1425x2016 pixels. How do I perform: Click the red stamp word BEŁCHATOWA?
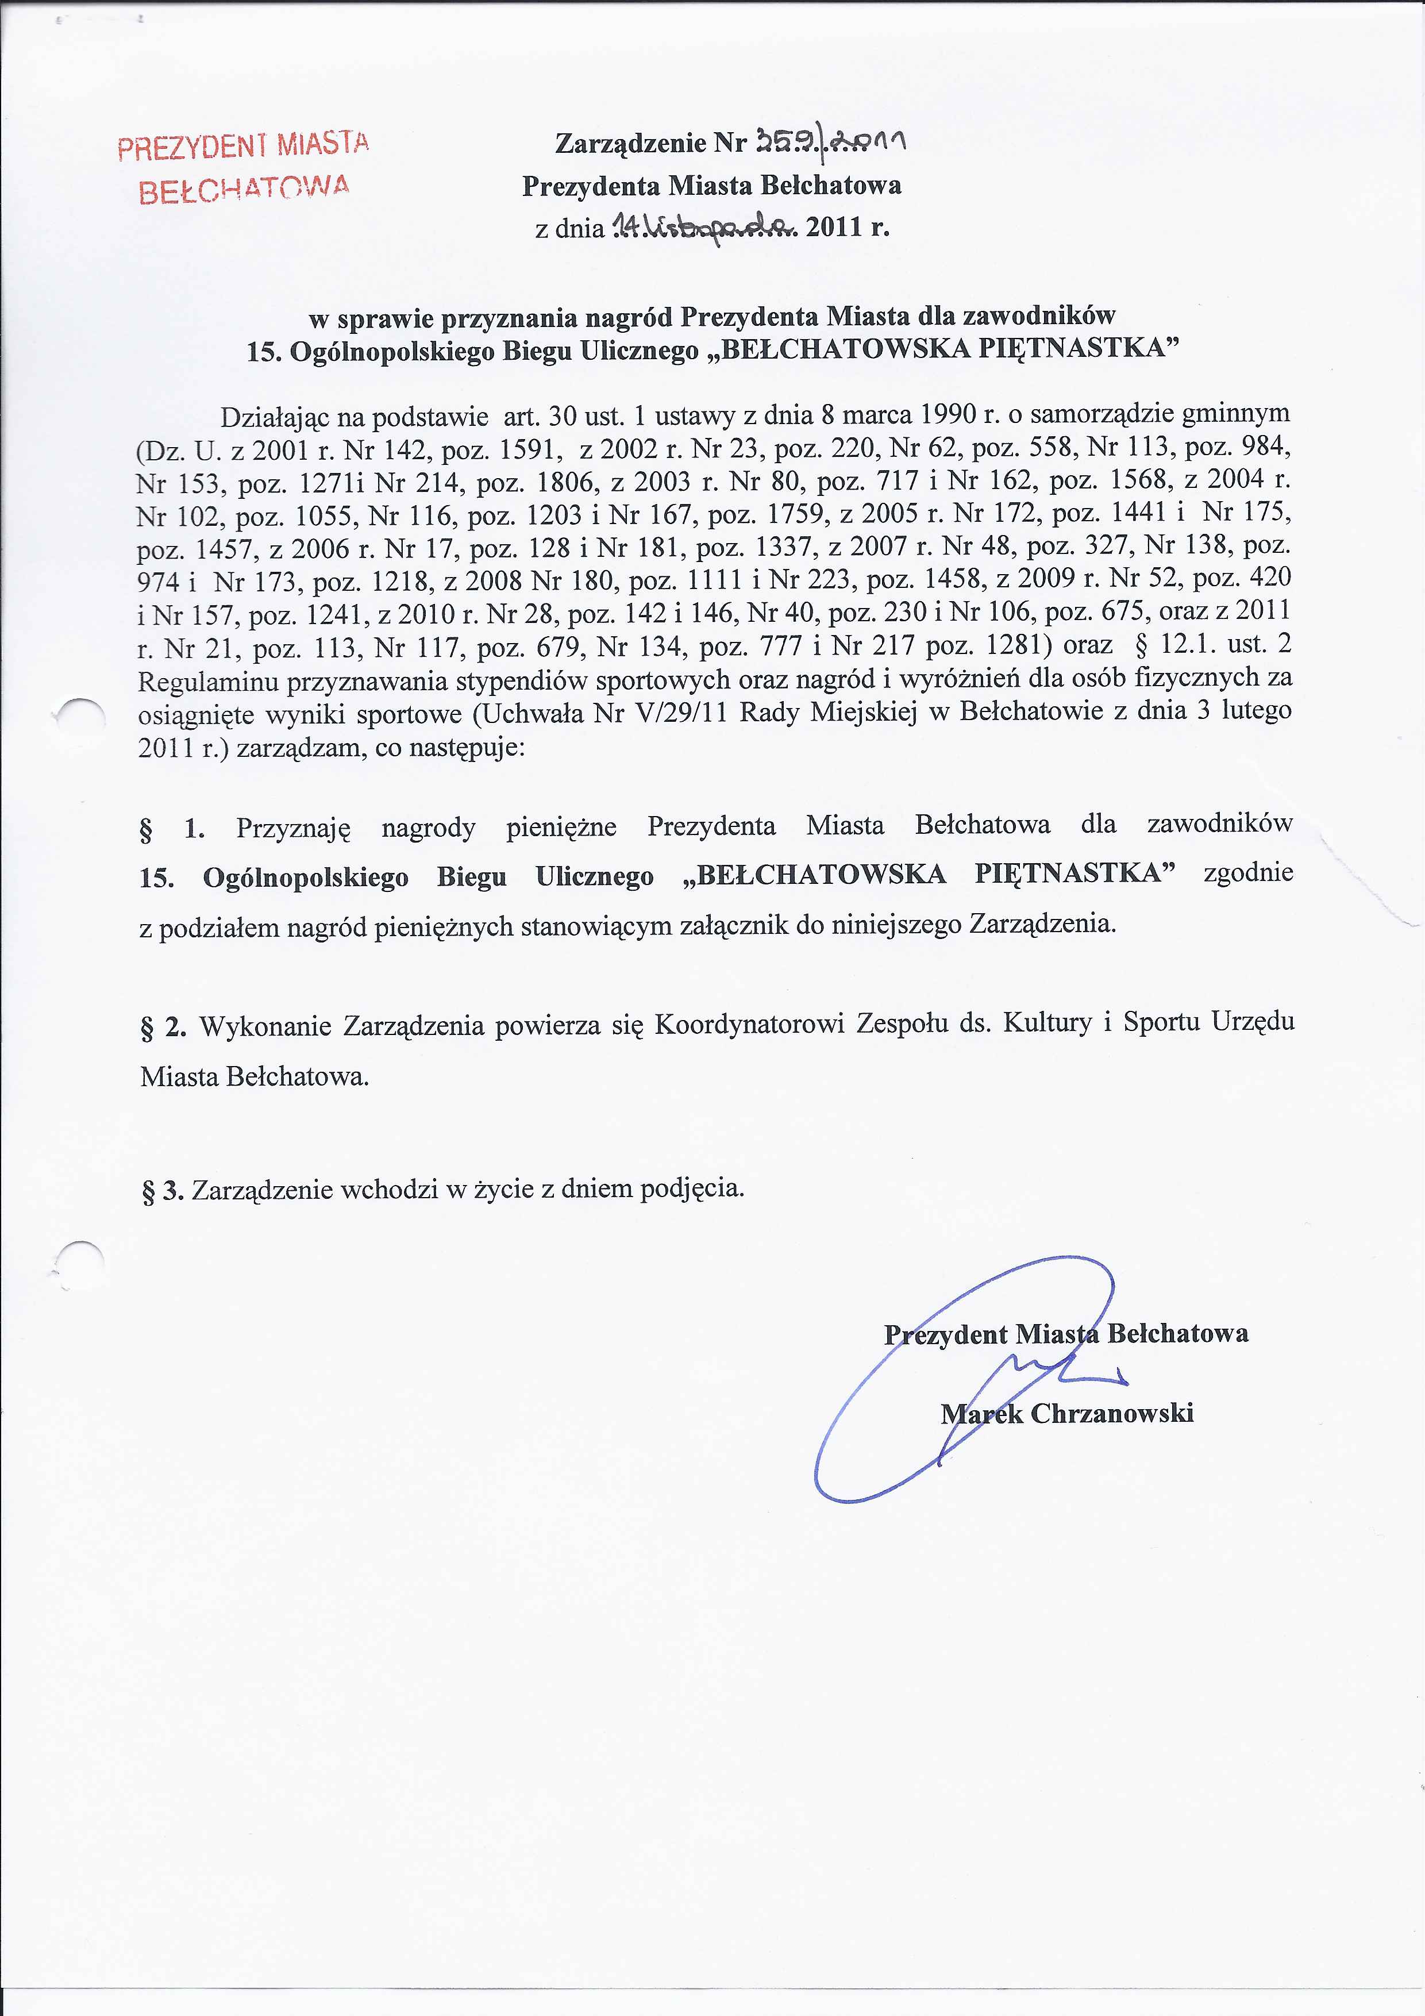point(244,188)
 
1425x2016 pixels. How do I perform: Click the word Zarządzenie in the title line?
point(630,143)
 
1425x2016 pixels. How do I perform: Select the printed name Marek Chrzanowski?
point(1067,1413)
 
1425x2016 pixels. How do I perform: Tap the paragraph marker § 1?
point(172,829)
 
